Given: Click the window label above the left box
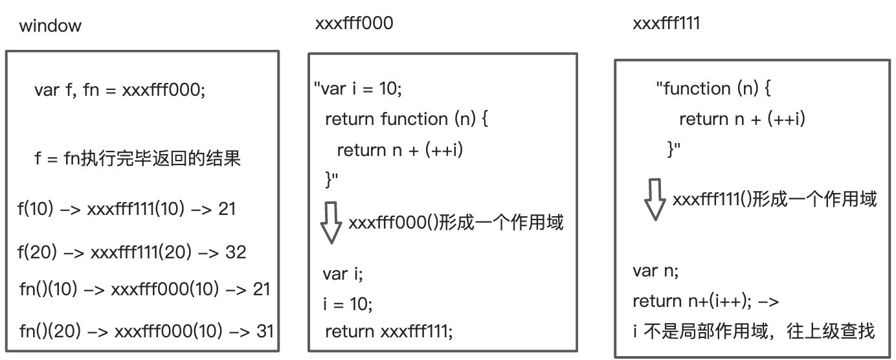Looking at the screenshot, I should (x=50, y=27).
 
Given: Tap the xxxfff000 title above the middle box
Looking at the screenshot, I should (x=353, y=24).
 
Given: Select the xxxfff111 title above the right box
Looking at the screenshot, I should (x=666, y=24).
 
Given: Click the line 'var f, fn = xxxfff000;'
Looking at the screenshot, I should (x=120, y=90).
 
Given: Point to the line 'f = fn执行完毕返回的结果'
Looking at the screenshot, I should (x=138, y=158).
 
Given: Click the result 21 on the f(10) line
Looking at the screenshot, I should (x=227, y=209).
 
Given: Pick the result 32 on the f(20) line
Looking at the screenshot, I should (x=236, y=252).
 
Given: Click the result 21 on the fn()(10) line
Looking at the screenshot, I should (x=260, y=289).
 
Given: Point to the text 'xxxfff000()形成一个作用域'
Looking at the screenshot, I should (x=456, y=223).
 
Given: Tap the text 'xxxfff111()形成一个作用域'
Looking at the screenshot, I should (x=774, y=199).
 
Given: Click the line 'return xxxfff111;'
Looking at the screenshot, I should (x=388, y=332).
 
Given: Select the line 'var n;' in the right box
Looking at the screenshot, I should (x=655, y=271).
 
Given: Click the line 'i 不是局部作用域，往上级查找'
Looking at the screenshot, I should (x=754, y=332).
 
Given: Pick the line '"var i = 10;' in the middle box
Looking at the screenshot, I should (x=357, y=88).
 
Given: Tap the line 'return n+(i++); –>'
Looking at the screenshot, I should (x=706, y=301).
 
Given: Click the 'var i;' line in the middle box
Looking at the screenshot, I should (x=343, y=273).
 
